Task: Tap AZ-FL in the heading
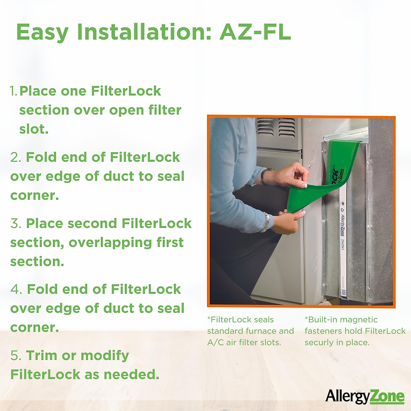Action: pyautogui.click(x=255, y=32)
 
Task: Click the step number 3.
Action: pyautogui.click(x=16, y=224)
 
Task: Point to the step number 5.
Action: pyautogui.click(x=16, y=356)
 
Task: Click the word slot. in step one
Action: pyautogui.click(x=34, y=129)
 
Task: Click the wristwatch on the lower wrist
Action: pyautogui.click(x=265, y=222)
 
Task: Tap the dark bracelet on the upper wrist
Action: pyautogui.click(x=263, y=176)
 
